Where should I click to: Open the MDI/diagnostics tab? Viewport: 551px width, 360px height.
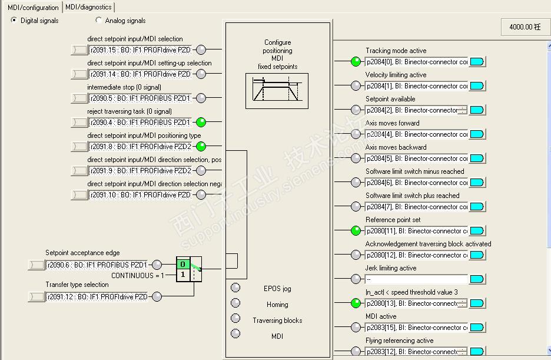[x=88, y=7]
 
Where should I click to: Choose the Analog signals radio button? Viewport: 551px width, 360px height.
[x=99, y=20]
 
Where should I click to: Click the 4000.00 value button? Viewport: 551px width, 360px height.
[x=525, y=27]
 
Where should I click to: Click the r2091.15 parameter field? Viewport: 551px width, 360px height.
[x=140, y=50]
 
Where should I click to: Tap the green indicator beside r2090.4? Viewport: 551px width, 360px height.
[x=201, y=122]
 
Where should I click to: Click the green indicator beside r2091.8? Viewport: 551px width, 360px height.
[x=201, y=146]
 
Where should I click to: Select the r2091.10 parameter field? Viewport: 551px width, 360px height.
[x=140, y=194]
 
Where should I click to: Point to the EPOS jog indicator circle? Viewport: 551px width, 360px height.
[x=235, y=288]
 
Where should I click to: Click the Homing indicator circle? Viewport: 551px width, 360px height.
[x=235, y=303]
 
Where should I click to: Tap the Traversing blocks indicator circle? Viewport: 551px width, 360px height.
[x=235, y=319]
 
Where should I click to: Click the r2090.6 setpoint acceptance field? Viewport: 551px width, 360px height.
[x=97, y=265]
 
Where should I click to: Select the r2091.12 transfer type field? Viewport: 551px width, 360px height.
[x=97, y=297]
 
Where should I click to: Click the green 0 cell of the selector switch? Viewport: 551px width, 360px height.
[x=183, y=265]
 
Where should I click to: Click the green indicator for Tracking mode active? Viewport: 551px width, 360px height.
[x=356, y=62]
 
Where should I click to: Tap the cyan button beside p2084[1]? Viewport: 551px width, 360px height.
[x=477, y=86]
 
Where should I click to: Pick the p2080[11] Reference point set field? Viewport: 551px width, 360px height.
[x=416, y=231]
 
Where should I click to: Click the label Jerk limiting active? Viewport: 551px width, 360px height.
[x=391, y=268]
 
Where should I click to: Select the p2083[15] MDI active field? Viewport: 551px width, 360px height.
[x=416, y=328]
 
